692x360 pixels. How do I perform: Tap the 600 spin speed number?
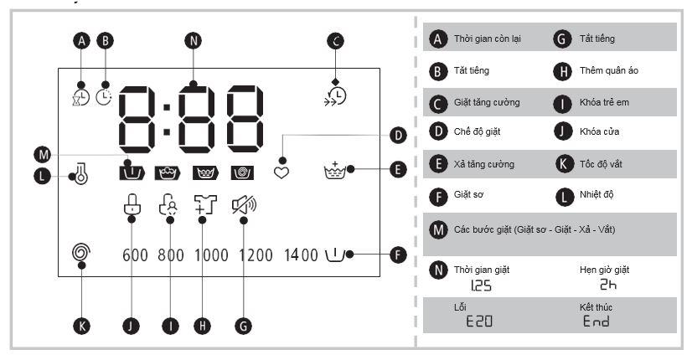[x=135, y=255]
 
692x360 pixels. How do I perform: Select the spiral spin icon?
[x=80, y=251]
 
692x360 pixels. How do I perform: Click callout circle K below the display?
[x=80, y=326]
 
